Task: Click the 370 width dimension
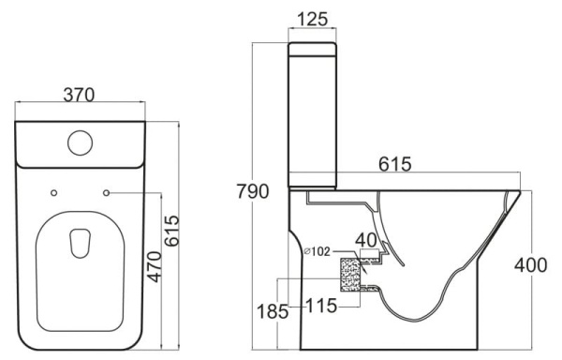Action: click(x=82, y=94)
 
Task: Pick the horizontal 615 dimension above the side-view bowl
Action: click(x=394, y=164)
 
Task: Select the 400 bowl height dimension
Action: click(x=531, y=265)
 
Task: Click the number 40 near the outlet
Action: click(x=367, y=239)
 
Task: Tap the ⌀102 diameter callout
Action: click(x=318, y=251)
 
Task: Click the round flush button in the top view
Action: click(x=81, y=143)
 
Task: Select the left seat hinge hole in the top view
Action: click(x=53, y=193)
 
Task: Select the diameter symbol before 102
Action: click(x=307, y=251)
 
